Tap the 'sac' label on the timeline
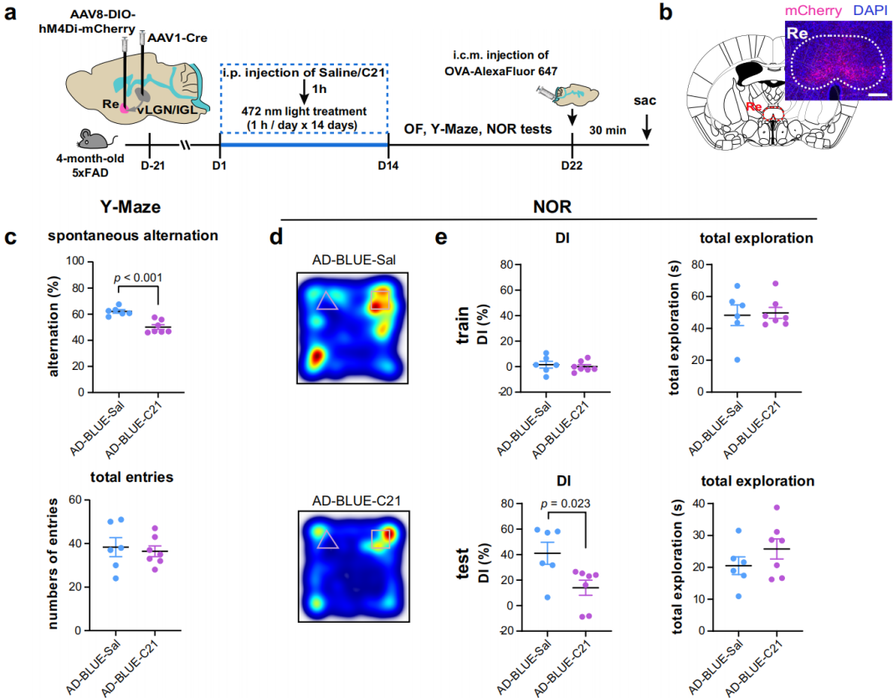[646, 100]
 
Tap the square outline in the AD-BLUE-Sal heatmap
[381, 299]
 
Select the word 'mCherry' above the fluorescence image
[813, 11]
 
